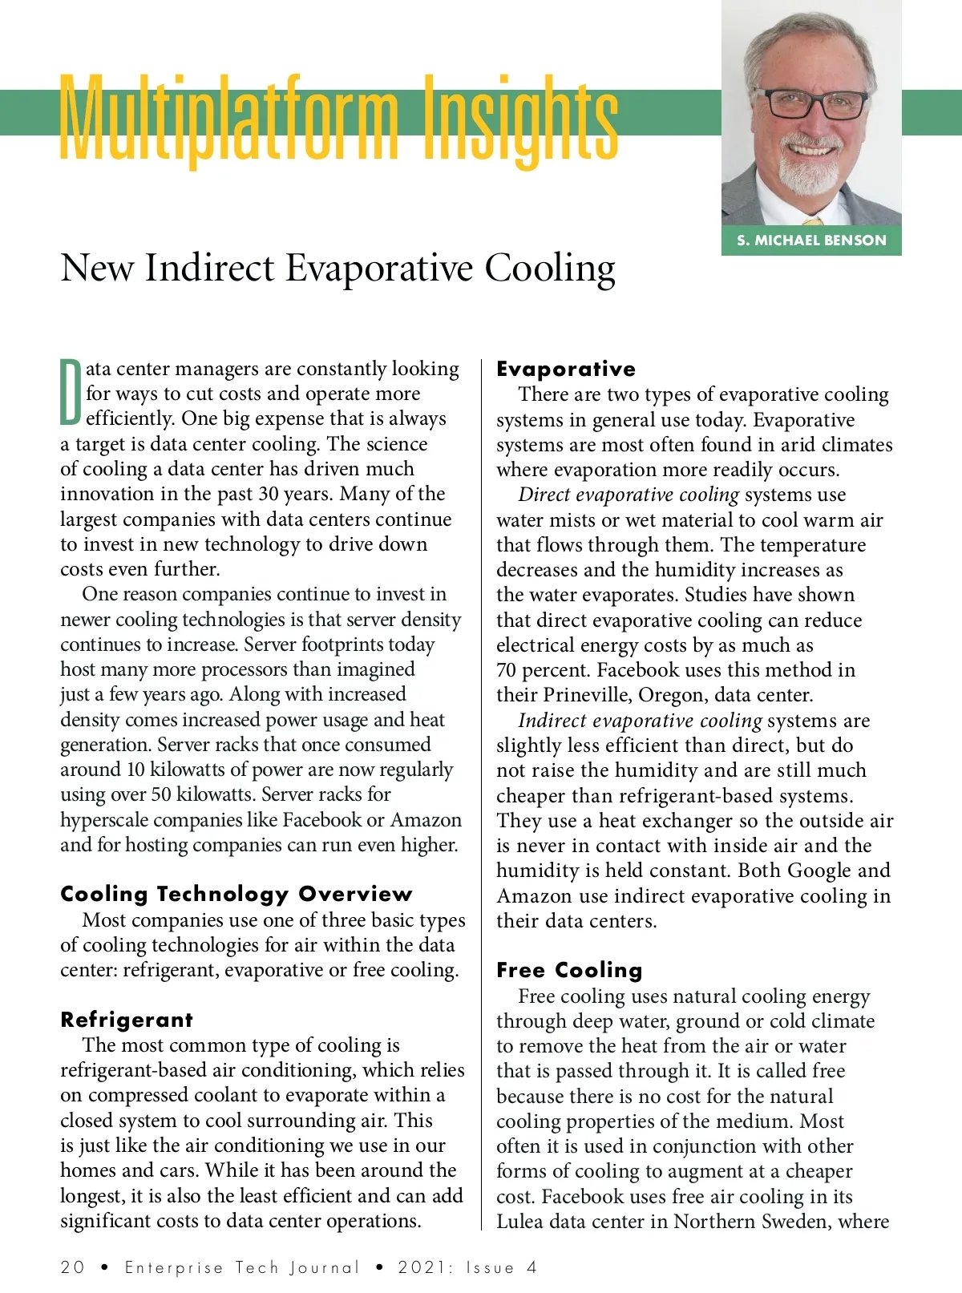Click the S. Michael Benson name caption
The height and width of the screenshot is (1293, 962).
(x=811, y=240)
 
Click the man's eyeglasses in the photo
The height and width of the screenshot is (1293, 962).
(x=812, y=104)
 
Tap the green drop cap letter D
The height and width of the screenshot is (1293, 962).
(x=71, y=392)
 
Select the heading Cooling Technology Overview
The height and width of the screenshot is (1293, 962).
(x=236, y=894)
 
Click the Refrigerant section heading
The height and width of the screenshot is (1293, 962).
(x=127, y=1020)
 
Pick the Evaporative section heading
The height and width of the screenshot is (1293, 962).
(x=566, y=369)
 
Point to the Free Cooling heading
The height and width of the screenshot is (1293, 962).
(x=569, y=970)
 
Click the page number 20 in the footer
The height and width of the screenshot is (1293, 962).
(x=72, y=1267)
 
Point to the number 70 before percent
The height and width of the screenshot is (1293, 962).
(x=507, y=670)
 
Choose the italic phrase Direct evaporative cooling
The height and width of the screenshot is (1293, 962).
(x=628, y=495)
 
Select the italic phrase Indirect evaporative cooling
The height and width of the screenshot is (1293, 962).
(x=640, y=721)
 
